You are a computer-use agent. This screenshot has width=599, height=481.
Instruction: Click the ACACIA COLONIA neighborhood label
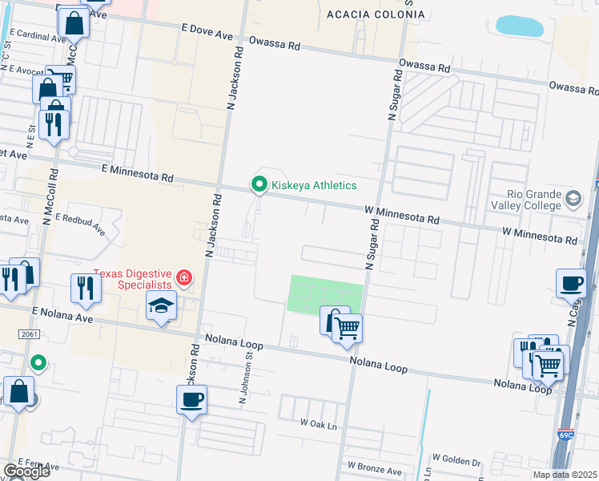pos(376,14)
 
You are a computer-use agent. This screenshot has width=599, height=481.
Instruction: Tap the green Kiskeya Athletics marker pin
pos(259,185)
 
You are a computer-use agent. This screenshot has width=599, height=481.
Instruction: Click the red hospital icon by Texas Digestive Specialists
pos(185,278)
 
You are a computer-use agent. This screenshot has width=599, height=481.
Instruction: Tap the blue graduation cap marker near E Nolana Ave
pos(161,306)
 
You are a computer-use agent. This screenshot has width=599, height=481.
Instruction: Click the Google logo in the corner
pos(26,471)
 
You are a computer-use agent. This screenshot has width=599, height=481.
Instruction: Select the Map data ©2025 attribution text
pos(565,475)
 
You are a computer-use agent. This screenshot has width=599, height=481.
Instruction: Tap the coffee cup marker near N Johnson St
pos(192,399)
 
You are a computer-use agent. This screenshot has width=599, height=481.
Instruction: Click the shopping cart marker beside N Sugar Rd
pos(347,327)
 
